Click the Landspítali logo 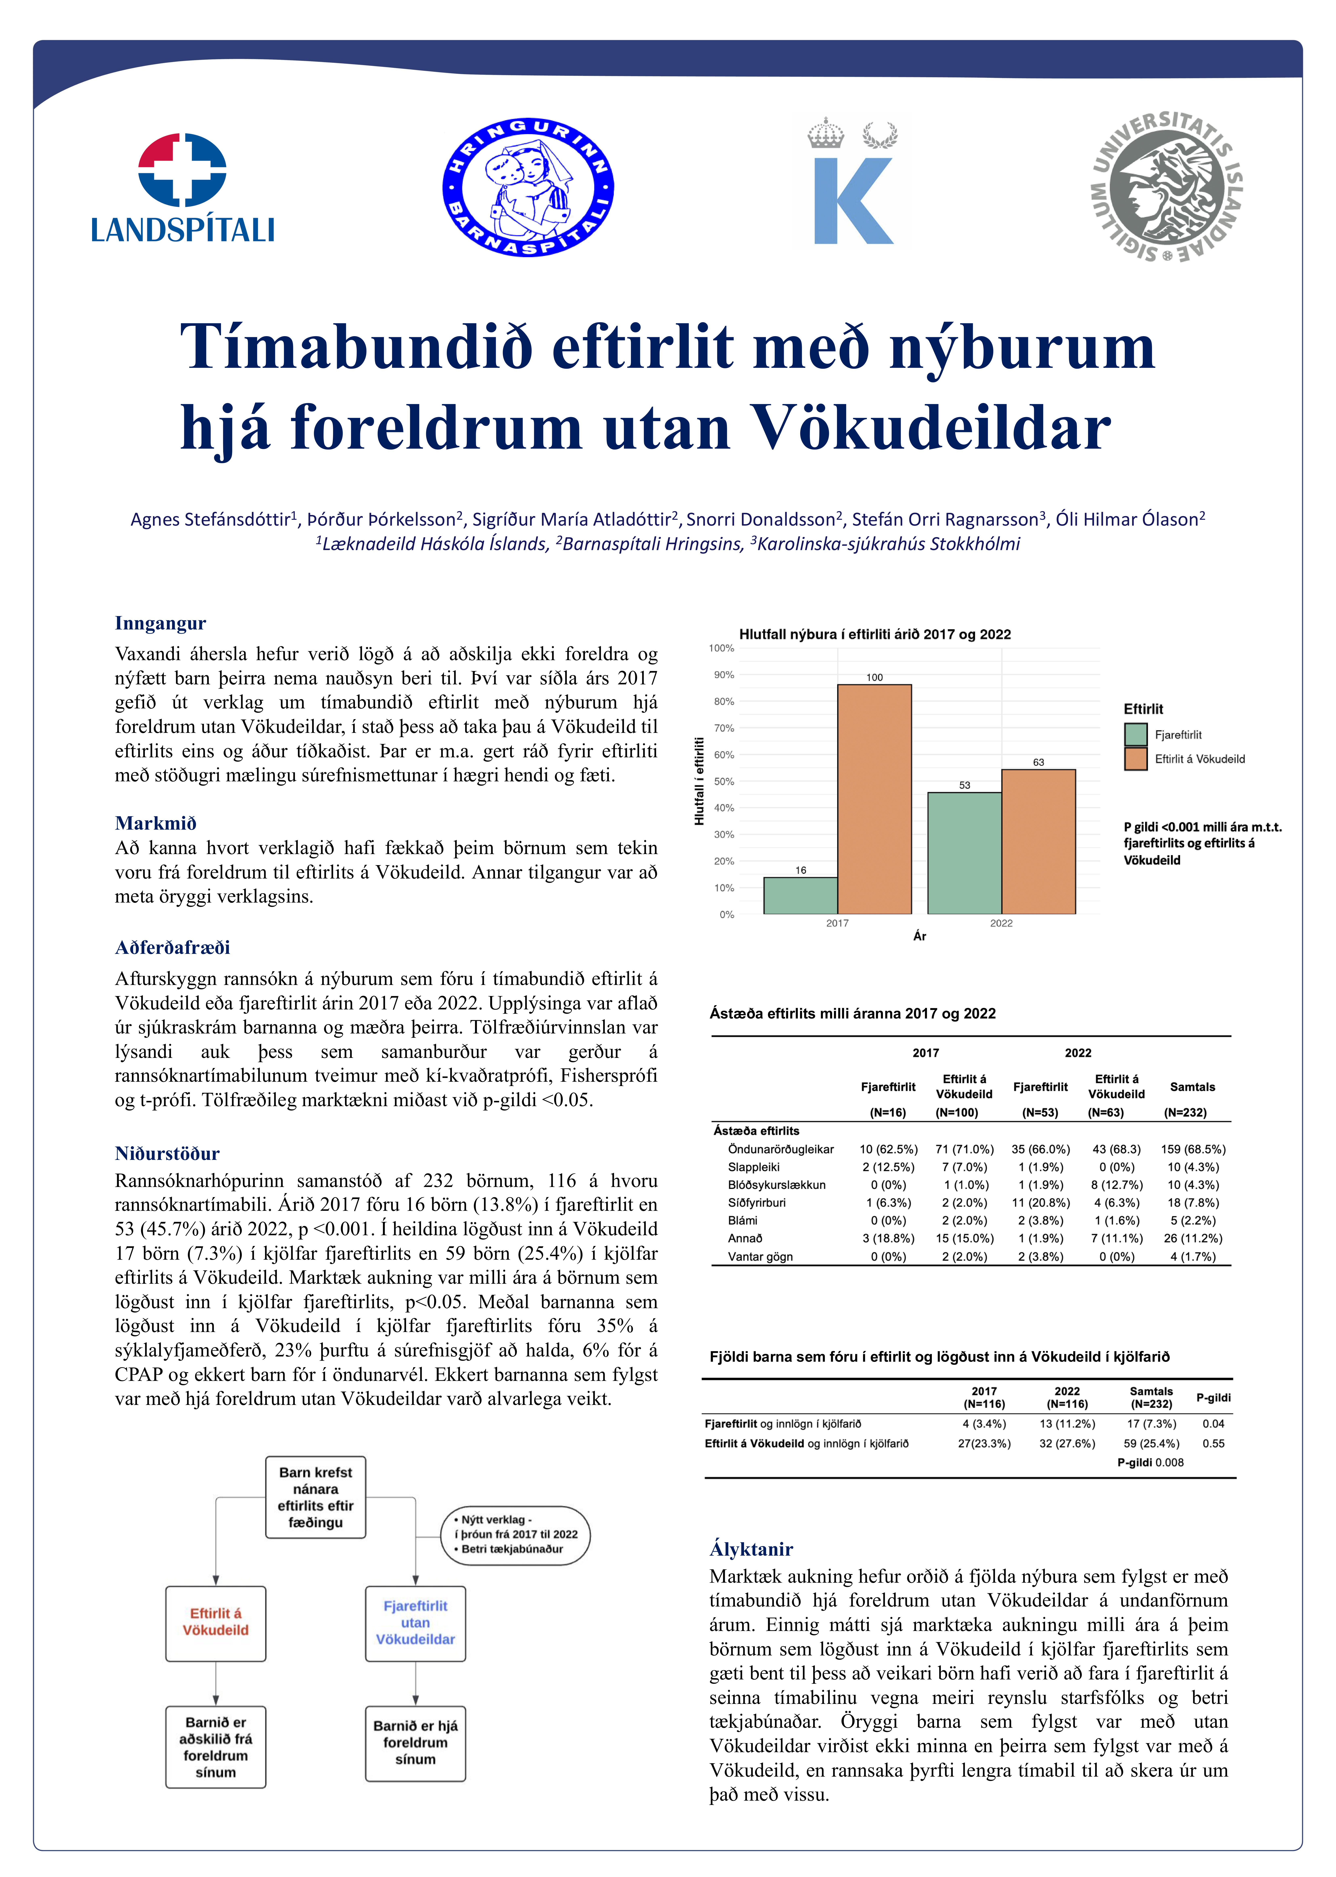(183, 188)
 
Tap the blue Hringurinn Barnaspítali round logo (528, 187)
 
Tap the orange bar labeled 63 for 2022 (1038, 841)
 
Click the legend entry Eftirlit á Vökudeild (1199, 759)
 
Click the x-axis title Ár (920, 936)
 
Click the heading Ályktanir (751, 1549)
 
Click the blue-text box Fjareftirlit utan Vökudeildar (415, 1622)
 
